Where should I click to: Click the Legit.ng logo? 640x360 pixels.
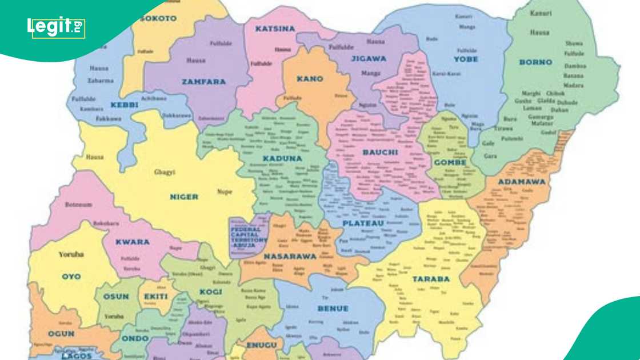56,27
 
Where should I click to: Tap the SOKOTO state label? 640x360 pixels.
158,18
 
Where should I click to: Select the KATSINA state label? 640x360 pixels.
275,29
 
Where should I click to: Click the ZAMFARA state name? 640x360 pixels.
203,82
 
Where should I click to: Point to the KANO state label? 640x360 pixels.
310,79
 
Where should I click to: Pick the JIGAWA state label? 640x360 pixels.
369,58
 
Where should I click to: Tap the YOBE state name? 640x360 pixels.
466,59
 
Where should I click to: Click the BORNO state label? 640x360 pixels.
535,62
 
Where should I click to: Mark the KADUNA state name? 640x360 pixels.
282,158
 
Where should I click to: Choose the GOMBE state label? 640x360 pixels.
450,162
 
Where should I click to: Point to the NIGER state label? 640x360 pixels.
183,197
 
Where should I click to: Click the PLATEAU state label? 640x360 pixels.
364,223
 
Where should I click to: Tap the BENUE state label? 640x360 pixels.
333,309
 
